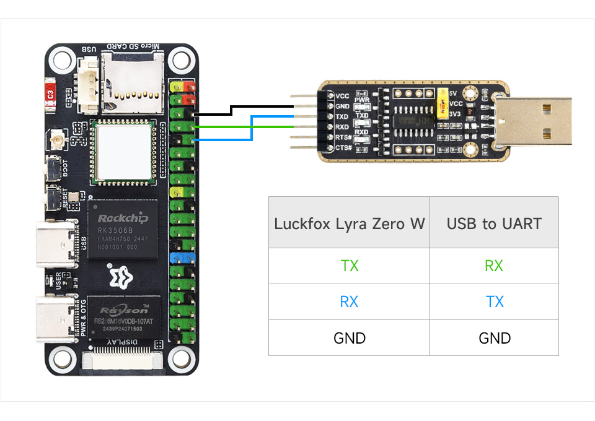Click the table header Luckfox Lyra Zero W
[x=349, y=224]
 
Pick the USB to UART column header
[x=494, y=224]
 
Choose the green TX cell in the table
[x=349, y=266]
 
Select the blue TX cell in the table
[x=494, y=302]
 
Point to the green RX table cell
[x=494, y=266]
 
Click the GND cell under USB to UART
[x=494, y=338]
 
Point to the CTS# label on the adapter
[x=343, y=147]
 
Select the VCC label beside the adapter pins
[x=342, y=96]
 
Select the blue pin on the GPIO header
[x=183, y=257]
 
